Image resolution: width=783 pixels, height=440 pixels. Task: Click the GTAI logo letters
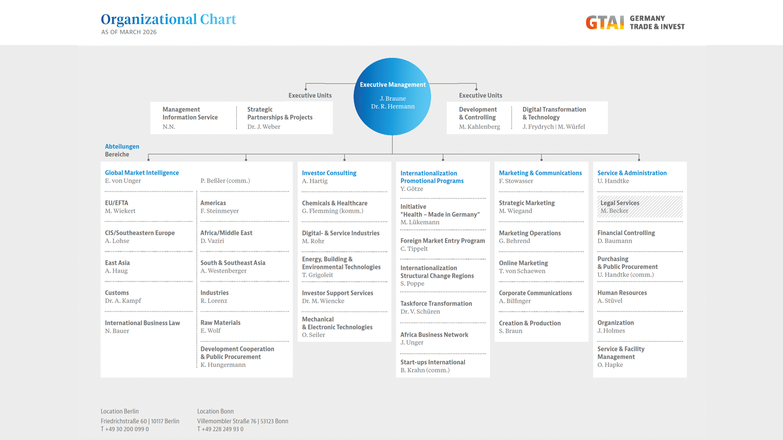(x=605, y=23)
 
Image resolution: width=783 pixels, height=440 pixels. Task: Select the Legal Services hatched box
(x=639, y=206)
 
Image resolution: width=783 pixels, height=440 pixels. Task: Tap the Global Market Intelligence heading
(x=142, y=173)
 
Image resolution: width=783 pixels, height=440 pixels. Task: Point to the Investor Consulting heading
(x=329, y=173)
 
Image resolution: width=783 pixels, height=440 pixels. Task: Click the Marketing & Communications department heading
(x=540, y=173)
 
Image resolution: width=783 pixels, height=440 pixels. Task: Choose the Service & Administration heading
(x=632, y=173)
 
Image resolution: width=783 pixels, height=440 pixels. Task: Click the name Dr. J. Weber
(x=264, y=127)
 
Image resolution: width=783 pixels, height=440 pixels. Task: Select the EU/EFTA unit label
(x=117, y=203)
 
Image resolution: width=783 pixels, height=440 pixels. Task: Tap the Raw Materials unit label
(x=220, y=323)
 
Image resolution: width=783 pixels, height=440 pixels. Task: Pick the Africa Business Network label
(x=434, y=335)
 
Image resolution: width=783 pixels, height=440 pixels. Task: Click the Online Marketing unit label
(x=523, y=263)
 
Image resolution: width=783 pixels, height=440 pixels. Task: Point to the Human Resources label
(x=622, y=293)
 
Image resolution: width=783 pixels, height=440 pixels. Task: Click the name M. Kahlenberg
(x=479, y=127)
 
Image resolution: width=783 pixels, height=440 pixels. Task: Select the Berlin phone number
(x=125, y=429)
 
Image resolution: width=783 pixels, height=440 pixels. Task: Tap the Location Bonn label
(x=215, y=411)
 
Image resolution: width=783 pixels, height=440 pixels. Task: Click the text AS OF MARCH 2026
(x=129, y=32)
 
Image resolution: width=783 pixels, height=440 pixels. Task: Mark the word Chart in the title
(x=218, y=19)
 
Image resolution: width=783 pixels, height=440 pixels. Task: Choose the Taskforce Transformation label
(x=436, y=304)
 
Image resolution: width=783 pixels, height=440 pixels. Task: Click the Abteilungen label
(x=122, y=147)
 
